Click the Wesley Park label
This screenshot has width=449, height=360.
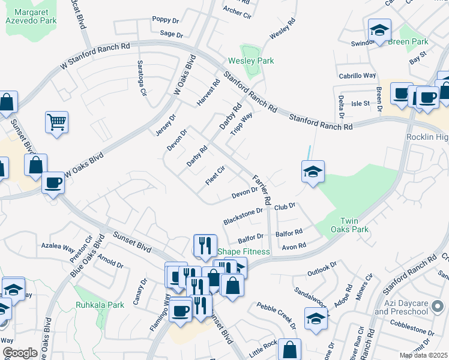tap(251, 61)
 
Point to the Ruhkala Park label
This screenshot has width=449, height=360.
tap(100, 305)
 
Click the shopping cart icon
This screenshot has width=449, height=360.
tap(56, 122)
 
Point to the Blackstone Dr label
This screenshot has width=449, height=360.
tap(243, 216)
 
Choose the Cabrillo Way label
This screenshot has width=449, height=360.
tap(357, 76)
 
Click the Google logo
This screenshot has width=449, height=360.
tap(20, 353)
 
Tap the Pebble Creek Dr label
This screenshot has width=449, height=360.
tap(277, 316)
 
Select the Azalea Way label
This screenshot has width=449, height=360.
tap(58, 247)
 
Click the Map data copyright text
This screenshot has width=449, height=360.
tap(423, 355)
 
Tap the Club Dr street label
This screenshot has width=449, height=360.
tap(285, 206)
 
